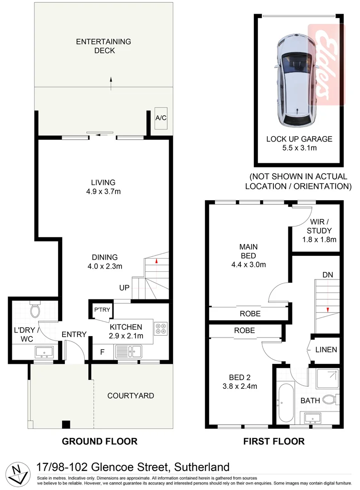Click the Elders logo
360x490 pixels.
[326, 64]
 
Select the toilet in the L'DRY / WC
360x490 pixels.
[34, 311]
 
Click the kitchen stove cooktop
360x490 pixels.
[161, 328]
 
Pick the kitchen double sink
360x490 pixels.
[129, 350]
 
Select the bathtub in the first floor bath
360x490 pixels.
[286, 403]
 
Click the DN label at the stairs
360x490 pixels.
[328, 275]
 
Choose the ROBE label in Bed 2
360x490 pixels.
[244, 331]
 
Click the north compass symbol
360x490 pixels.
[18, 474]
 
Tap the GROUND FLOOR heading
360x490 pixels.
[99, 441]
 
